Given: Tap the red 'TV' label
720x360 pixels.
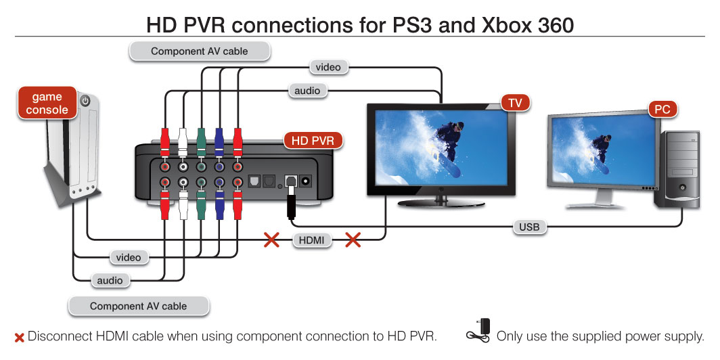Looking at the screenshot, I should [515, 103].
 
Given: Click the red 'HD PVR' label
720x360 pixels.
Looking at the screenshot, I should [312, 141].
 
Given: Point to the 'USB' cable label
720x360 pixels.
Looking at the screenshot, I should [529, 227].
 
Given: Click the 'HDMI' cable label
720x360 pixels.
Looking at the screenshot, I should [312, 240].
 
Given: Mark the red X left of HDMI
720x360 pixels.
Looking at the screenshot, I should [271, 240].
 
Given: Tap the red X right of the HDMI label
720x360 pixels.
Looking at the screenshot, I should [353, 240].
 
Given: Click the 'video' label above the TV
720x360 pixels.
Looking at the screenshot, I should [329, 67].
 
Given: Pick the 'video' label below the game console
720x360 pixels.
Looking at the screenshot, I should [128, 257].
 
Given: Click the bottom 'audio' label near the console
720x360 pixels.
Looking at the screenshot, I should [110, 280].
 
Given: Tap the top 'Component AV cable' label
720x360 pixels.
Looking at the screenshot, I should [199, 51].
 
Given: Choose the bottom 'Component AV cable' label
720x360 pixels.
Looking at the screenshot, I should [138, 306].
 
